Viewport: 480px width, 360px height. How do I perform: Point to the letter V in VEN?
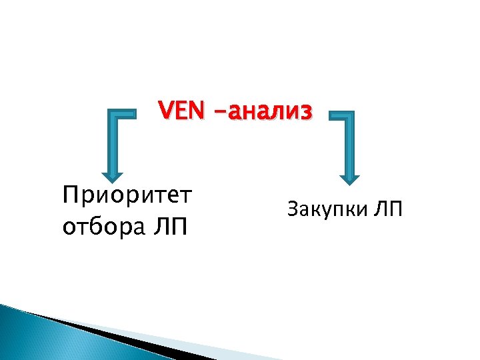coord(165,111)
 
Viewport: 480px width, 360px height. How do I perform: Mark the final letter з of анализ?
coord(305,113)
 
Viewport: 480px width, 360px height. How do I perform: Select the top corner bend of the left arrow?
coord(111,117)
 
